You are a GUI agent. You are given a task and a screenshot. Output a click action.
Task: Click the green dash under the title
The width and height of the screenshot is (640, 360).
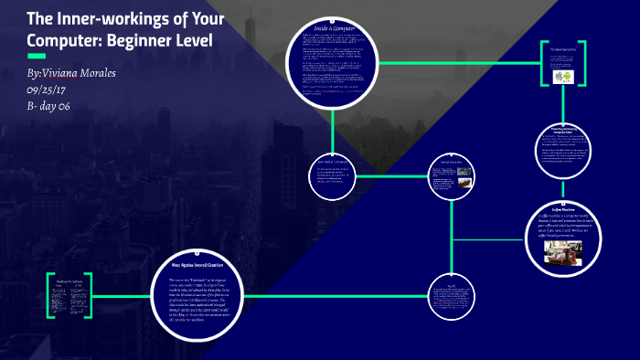point(37,56)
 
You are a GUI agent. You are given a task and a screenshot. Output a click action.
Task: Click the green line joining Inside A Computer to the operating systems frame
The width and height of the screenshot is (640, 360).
point(457,63)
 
